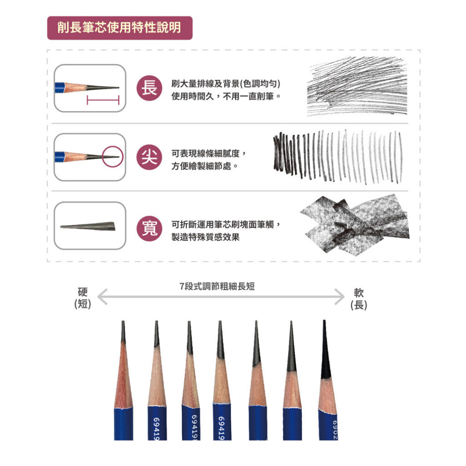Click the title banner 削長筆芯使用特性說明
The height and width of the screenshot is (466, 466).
pos(120,28)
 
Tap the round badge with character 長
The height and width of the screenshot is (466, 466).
pos(149,88)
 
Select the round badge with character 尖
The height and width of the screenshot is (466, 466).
pos(149,157)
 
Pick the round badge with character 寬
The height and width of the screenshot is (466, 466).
pos(149,228)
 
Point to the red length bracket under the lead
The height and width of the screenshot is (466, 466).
pos(103,100)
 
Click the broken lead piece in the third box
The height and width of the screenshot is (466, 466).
pos(88,226)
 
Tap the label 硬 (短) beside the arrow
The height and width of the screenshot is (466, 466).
pos(83,298)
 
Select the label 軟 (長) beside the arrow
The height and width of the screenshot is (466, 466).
pos(359,299)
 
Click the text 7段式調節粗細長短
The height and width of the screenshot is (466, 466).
pos(217,286)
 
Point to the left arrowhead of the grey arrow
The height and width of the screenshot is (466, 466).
pos(102,297)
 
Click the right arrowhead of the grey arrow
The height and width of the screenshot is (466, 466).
pos(339,297)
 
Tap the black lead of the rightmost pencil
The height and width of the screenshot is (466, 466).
pos(325,351)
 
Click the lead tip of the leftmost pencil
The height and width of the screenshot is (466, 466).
pos(123,322)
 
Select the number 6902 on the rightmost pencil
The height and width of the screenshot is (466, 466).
pos(335,430)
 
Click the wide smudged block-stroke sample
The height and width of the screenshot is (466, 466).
pos(355,225)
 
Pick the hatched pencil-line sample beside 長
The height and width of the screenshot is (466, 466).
pos(357,86)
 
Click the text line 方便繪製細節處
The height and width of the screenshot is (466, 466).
pos(205,166)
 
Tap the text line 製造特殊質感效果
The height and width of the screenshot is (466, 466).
pos(205,237)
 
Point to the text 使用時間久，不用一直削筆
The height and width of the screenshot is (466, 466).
pos(226,96)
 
